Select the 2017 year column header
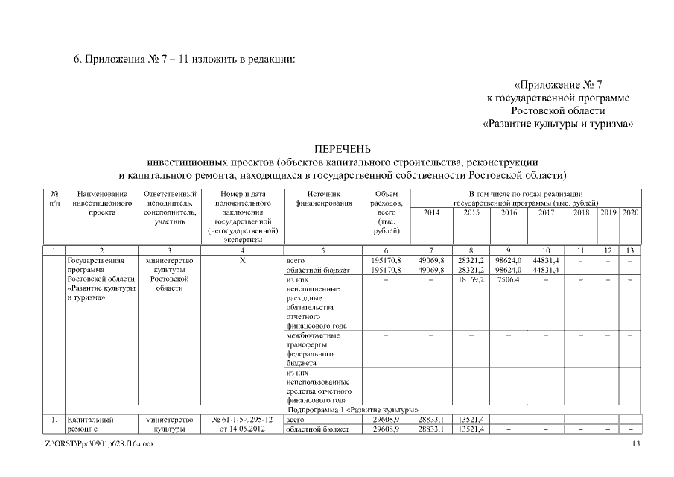(546, 212)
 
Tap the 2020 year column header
(630, 212)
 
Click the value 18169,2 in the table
(471, 280)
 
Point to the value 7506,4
(507, 280)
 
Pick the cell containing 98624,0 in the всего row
(507, 261)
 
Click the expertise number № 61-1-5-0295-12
(243, 420)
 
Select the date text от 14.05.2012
(243, 429)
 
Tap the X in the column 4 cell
(243, 261)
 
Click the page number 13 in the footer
(635, 445)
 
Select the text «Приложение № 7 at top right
(563, 85)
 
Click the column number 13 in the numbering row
(630, 251)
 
